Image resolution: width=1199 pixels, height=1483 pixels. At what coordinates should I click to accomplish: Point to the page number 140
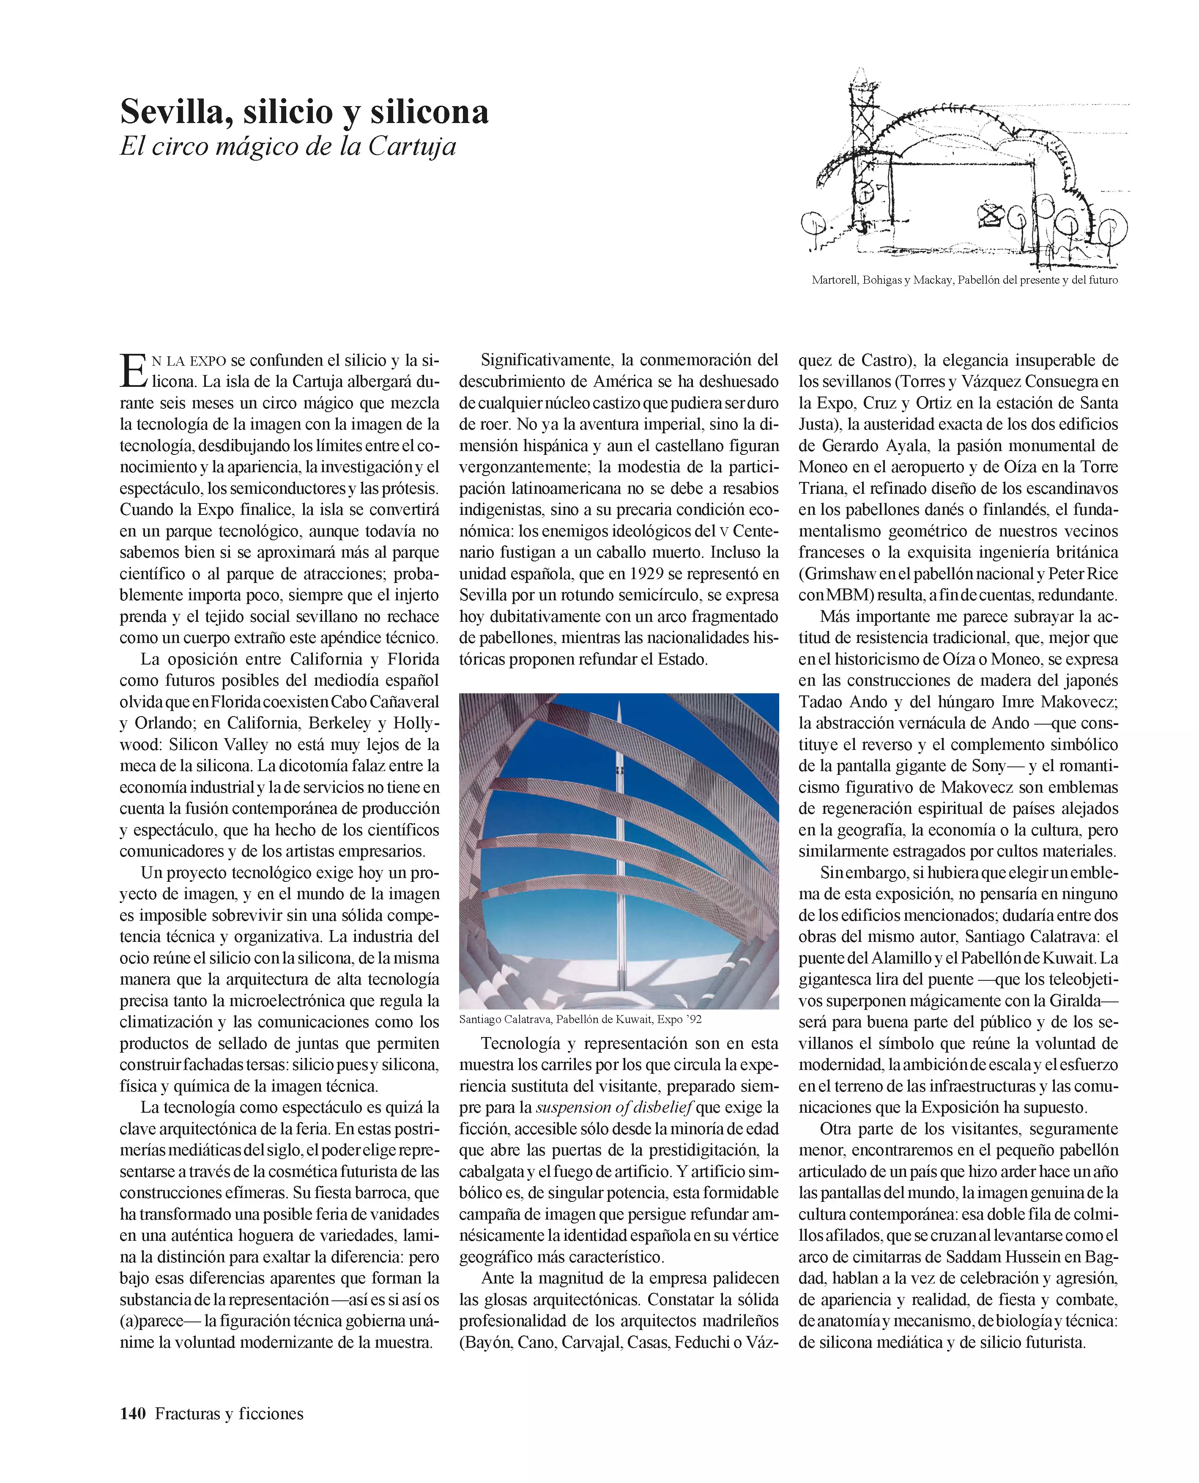click(x=133, y=1413)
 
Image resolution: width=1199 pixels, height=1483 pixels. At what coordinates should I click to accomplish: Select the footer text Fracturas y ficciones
click(x=229, y=1413)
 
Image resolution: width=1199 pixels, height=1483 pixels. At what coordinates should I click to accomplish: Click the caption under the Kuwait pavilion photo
click(x=580, y=1019)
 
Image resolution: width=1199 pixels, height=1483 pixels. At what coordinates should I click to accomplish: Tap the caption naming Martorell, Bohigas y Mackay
click(x=964, y=280)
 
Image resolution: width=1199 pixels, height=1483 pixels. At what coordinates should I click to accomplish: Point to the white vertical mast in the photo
click(x=619, y=829)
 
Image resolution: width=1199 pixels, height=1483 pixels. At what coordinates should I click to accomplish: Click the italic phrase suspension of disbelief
click(x=614, y=1107)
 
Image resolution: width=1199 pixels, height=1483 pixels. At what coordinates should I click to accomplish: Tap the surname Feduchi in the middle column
click(x=706, y=1343)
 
